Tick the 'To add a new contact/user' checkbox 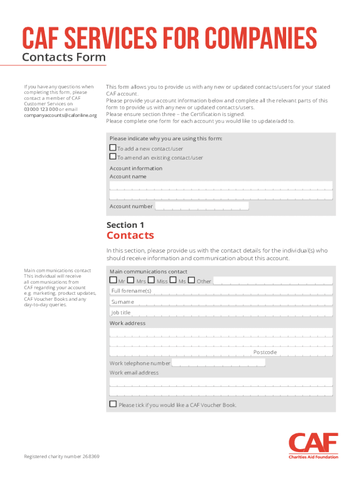pos(113,148)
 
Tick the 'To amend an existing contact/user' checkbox pos(113,157)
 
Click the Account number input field pos(202,206)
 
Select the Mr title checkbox pos(113,280)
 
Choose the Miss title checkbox pos(151,280)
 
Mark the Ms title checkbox pos(173,280)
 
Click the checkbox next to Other pos(191,280)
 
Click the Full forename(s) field pos(243,291)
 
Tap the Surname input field pos(243,302)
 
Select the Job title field pos(243,312)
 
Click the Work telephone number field pos(218,363)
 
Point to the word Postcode pos(265,352)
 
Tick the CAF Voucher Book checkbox pos(113,404)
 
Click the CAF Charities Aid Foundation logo pos(313,446)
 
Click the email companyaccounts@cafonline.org pos(60,116)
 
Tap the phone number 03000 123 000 pos(41,109)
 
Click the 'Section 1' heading pos(122,225)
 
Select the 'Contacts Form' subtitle pos(64,58)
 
